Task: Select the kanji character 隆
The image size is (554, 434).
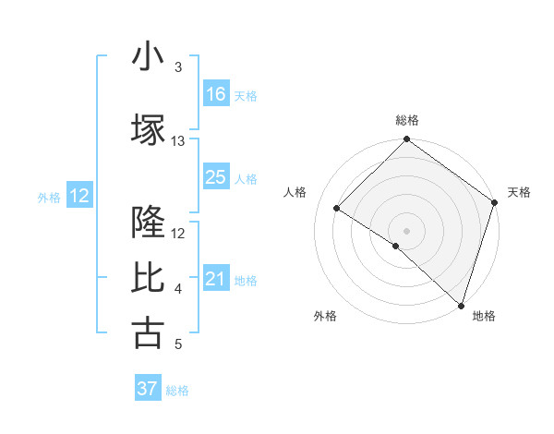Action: pos(148,222)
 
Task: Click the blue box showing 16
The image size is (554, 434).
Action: pos(216,94)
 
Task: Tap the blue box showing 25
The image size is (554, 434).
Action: pos(216,177)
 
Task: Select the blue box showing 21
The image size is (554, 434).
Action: pos(216,280)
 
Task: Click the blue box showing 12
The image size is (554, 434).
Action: pos(78,196)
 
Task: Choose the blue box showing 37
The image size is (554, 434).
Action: pos(147,389)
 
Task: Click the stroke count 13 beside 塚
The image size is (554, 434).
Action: pos(178,141)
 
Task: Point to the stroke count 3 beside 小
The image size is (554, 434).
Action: pos(178,67)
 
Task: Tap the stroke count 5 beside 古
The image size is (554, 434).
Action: pos(178,344)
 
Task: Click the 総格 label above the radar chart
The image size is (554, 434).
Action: pos(407,120)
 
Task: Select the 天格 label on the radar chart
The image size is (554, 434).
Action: pos(519,192)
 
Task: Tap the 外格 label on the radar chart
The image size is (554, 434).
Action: pos(325,316)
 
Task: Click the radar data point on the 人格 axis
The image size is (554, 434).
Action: pos(337,209)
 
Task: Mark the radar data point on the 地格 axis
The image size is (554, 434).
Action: pos(461,305)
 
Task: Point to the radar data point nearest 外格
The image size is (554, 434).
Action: pos(396,246)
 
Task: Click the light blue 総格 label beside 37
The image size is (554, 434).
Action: pos(177,391)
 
